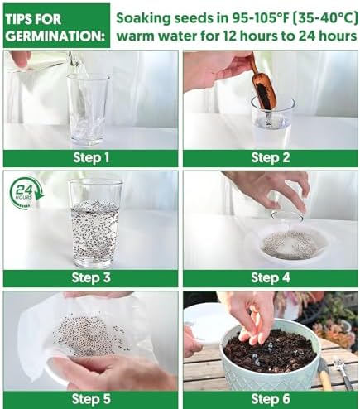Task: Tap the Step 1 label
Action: (x=91, y=158)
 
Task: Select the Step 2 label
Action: (x=271, y=158)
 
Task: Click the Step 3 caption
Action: (x=91, y=278)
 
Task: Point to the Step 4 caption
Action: (x=271, y=278)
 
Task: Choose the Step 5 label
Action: (x=91, y=399)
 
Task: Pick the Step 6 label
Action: (x=271, y=399)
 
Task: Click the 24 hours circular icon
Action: (x=26, y=193)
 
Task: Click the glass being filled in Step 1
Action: (x=89, y=110)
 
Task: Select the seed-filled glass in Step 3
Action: (x=95, y=224)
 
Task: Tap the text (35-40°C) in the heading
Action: (x=324, y=18)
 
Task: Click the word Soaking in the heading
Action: (x=144, y=18)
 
